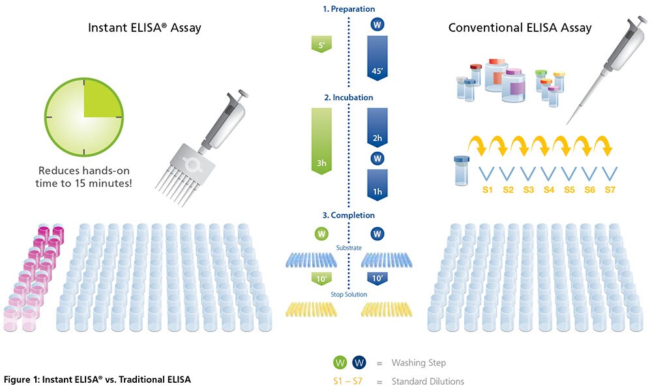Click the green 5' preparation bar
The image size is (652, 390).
[321, 44]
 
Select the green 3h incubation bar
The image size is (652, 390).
[321, 140]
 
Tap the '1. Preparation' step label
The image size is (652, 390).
[349, 9]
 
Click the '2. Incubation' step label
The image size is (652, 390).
[349, 98]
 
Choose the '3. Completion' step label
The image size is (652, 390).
[349, 215]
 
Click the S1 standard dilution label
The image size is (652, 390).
[486, 189]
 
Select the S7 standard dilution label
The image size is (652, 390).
[610, 189]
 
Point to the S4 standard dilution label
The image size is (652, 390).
[548, 189]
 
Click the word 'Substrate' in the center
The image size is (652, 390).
[349, 247]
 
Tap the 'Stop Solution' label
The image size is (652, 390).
[349, 294]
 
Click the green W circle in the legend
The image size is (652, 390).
[338, 362]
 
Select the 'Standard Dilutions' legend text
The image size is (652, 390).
[428, 381]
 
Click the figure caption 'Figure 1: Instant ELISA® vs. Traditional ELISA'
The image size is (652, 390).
[98, 379]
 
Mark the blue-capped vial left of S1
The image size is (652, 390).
[461, 170]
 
